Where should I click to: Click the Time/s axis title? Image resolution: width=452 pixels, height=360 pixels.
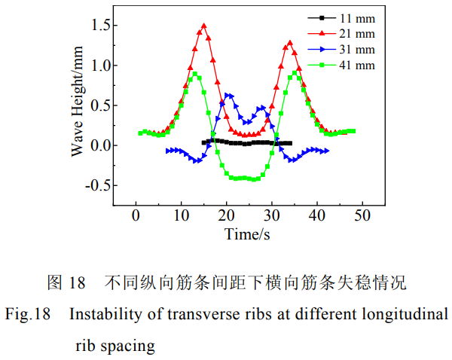pos(247,234)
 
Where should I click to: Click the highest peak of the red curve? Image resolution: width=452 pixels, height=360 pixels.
pos(203,26)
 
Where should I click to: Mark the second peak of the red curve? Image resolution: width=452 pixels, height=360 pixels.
pos(289,43)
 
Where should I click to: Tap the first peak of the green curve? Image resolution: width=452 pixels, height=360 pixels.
pos(194,74)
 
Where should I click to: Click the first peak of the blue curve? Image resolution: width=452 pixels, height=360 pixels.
pos(228,95)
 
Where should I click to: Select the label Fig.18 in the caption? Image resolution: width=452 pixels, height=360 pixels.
pos(27,314)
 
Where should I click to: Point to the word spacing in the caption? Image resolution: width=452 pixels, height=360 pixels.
pos(127,346)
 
